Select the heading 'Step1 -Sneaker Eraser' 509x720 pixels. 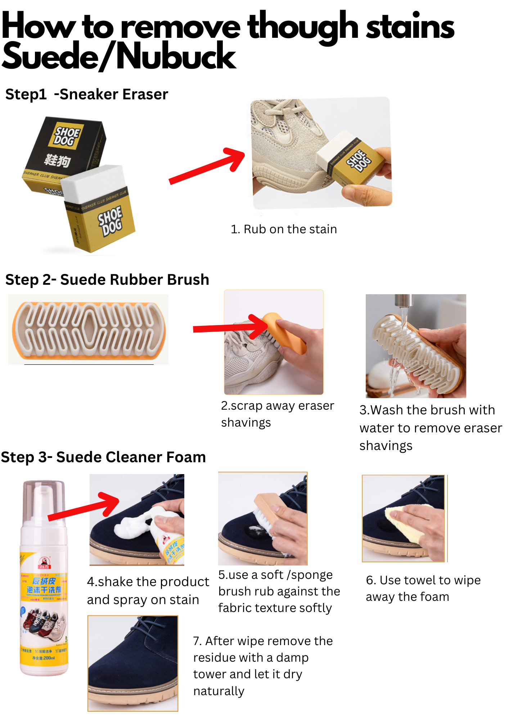[87, 94]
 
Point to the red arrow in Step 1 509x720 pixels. [207, 166]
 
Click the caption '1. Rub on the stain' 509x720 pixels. [284, 229]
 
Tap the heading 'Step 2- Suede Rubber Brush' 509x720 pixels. [107, 280]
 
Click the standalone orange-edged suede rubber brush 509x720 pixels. [88, 329]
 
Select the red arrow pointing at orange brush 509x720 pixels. [230, 328]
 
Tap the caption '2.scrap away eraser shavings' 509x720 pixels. [277, 414]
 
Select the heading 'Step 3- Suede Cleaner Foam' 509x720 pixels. [103, 457]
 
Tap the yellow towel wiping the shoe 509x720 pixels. [403, 522]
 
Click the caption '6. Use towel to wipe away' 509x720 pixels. [423, 589]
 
